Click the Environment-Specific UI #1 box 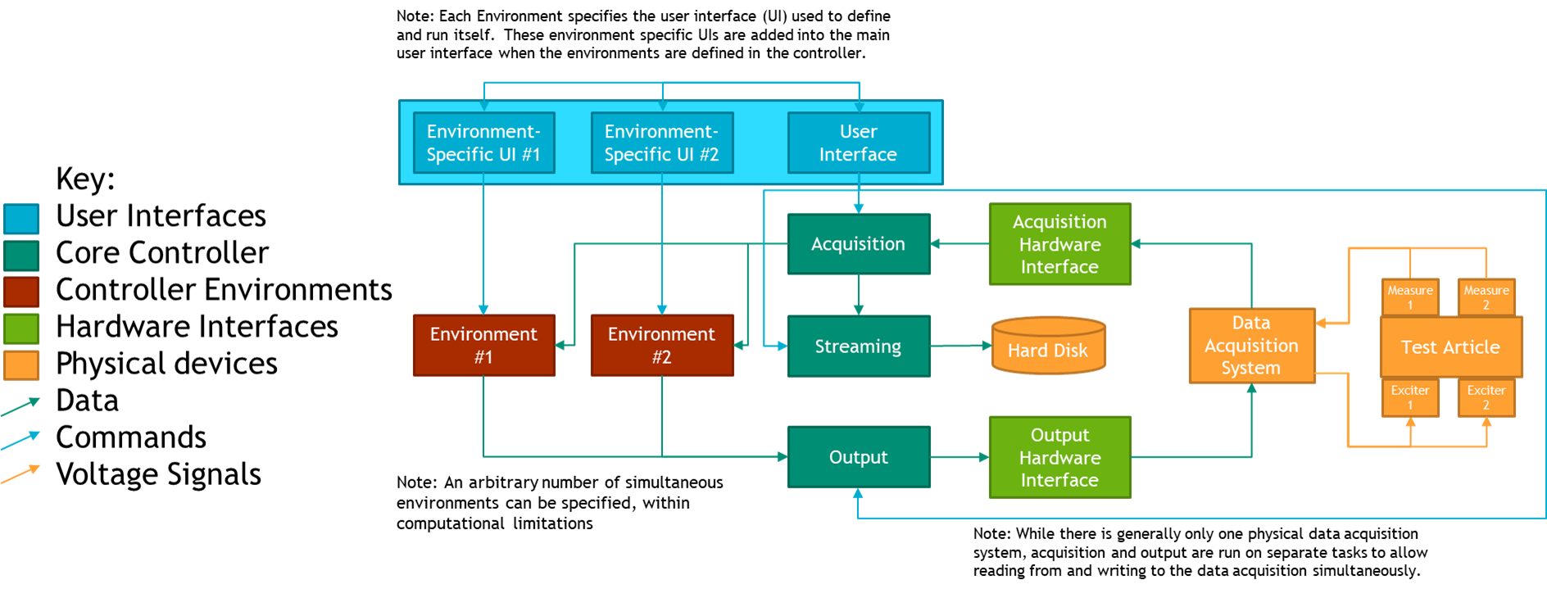(x=483, y=143)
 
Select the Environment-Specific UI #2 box (x=662, y=143)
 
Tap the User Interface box (x=859, y=143)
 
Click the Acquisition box (x=859, y=244)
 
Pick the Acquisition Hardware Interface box (x=1059, y=244)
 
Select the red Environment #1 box (x=483, y=345)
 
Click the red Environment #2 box (x=662, y=345)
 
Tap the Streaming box (x=859, y=347)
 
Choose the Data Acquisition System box (x=1251, y=346)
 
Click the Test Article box (x=1450, y=347)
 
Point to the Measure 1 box (x=1410, y=297)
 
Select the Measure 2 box (x=1486, y=297)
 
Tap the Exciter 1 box (x=1410, y=397)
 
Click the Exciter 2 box (x=1486, y=397)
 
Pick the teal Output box (x=859, y=457)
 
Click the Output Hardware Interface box (x=1059, y=457)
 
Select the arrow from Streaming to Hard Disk (x=960, y=346)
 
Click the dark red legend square (x=21, y=292)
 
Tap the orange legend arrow (x=20, y=474)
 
